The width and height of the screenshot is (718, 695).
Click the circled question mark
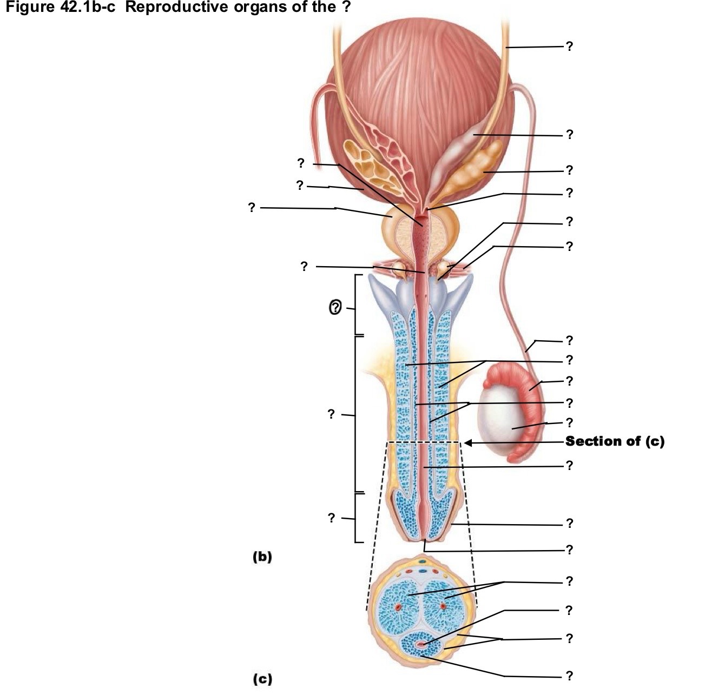tap(335, 307)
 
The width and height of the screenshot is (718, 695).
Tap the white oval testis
tap(505, 419)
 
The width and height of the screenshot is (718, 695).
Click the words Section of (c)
tap(615, 441)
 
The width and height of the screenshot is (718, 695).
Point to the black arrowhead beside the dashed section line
tap(468, 442)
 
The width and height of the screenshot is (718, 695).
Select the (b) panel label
tap(262, 557)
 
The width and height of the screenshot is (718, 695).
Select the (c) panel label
tap(262, 679)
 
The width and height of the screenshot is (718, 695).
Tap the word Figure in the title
tap(30, 7)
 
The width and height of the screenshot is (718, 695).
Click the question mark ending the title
tap(345, 6)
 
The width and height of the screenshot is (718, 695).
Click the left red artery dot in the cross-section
tap(398, 606)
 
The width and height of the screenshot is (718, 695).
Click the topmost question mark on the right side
tap(569, 46)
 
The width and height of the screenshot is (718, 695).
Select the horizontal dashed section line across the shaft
tap(423, 442)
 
